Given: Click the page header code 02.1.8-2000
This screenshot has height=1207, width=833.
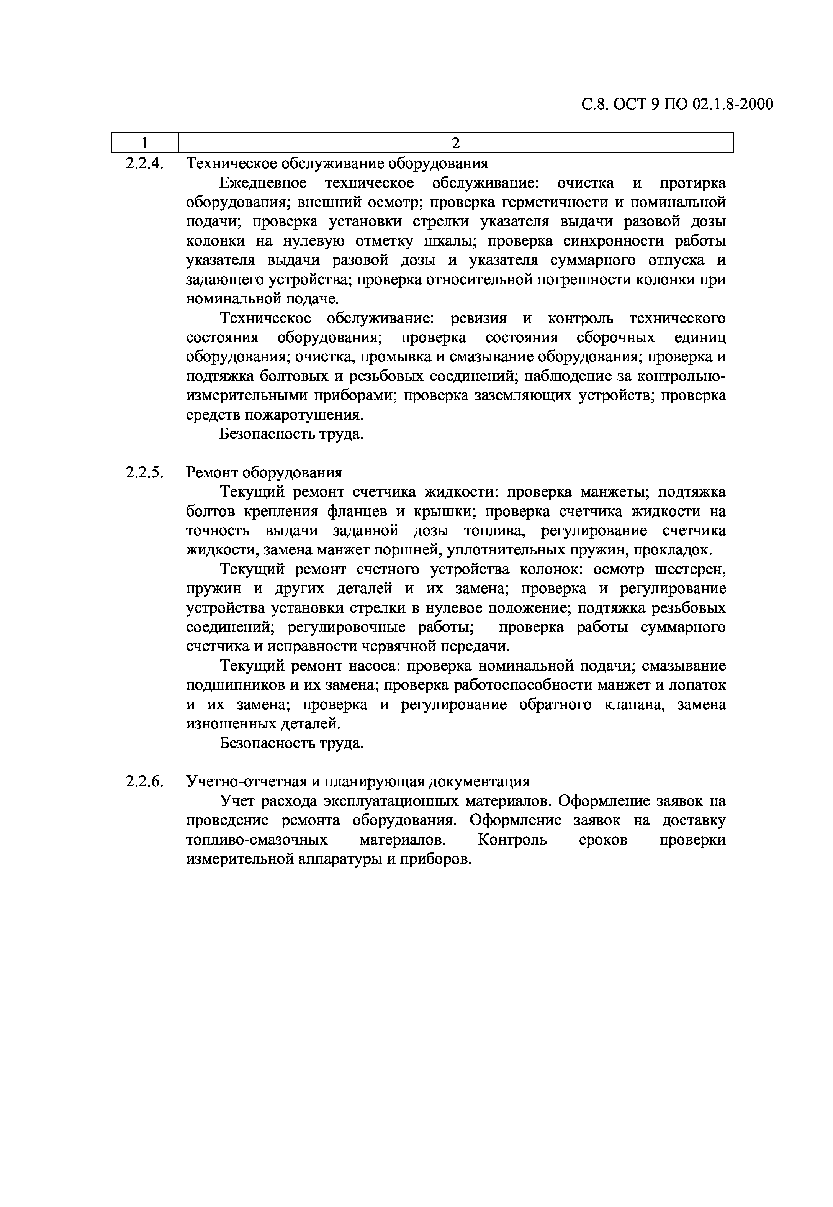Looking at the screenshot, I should (x=733, y=105).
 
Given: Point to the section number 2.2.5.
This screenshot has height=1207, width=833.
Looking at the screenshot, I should (x=144, y=472).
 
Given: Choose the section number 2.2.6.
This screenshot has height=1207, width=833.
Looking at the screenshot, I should (x=144, y=782).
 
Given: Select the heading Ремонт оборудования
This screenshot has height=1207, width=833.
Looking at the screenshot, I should (x=264, y=472).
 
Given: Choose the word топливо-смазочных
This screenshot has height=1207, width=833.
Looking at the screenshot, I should (x=257, y=840).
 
